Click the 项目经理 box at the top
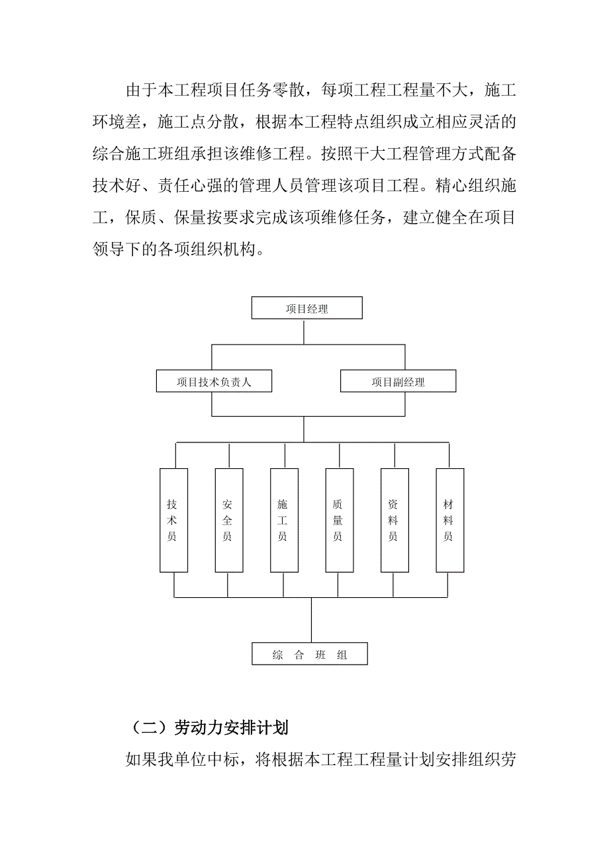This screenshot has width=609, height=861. pyautogui.click(x=307, y=308)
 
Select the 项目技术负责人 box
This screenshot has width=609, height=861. pyautogui.click(x=214, y=382)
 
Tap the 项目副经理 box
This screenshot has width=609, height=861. pyautogui.click(x=398, y=382)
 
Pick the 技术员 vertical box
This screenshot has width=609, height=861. pyautogui.click(x=173, y=520)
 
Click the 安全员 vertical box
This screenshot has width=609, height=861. pyautogui.click(x=228, y=520)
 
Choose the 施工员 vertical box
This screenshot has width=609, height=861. pyautogui.click(x=283, y=520)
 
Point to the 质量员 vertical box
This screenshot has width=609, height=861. pyautogui.click(x=339, y=520)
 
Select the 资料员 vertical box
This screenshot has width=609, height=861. pyautogui.click(x=394, y=520)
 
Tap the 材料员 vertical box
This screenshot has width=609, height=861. pyautogui.click(x=449, y=520)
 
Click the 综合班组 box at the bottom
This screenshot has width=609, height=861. pyautogui.click(x=309, y=655)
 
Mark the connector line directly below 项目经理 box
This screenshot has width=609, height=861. pyautogui.click(x=304, y=331)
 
